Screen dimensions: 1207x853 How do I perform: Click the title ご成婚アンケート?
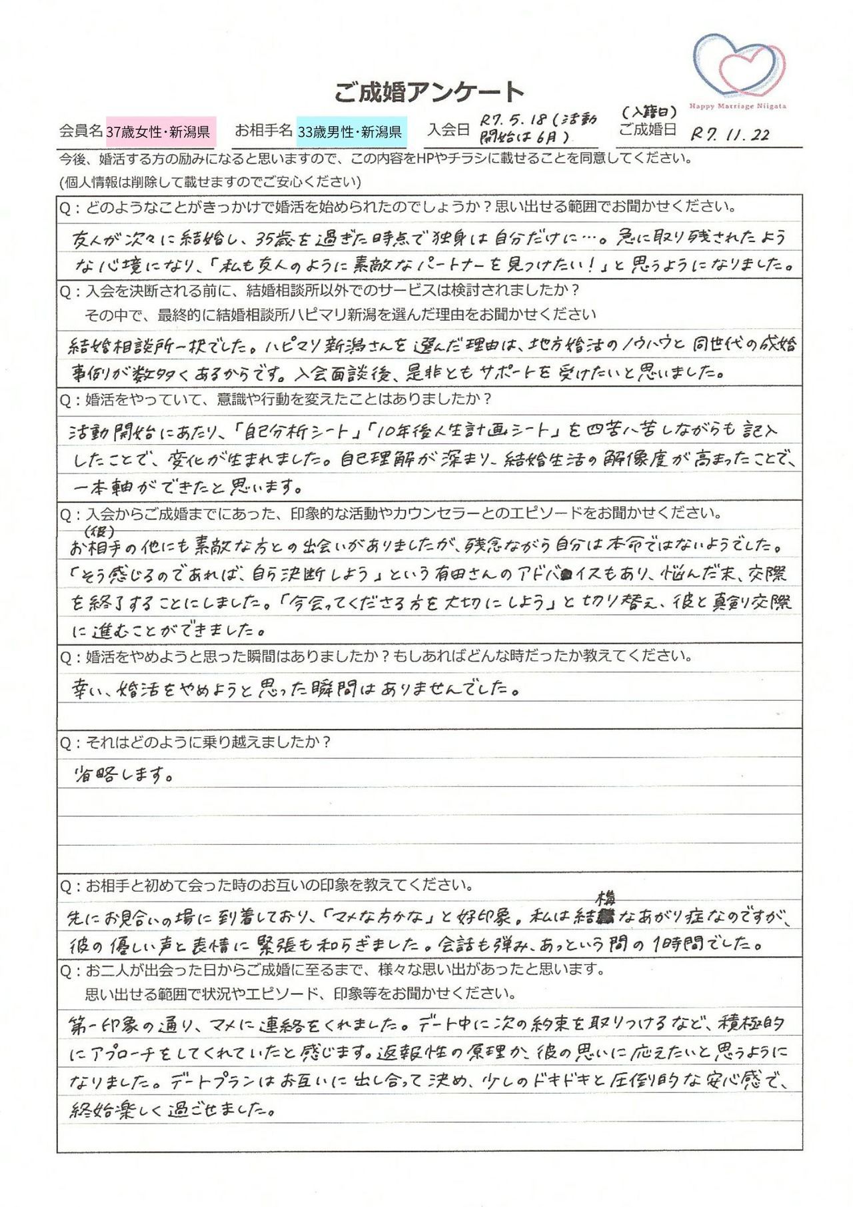[429, 92]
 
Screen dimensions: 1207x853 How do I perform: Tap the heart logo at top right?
[738, 64]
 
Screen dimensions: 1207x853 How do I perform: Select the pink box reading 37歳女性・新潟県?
[158, 131]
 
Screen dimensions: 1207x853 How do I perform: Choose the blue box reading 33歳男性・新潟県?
[350, 131]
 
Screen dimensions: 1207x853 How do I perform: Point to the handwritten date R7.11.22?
[730, 134]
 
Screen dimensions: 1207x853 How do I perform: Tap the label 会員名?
[81, 131]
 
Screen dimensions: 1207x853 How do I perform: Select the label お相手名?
[263, 130]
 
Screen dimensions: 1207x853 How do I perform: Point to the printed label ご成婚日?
[647, 129]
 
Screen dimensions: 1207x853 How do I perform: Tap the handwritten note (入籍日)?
[649, 111]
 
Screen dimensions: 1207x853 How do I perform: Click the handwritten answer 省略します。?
[125, 775]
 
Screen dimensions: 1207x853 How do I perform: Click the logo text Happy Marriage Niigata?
[737, 106]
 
